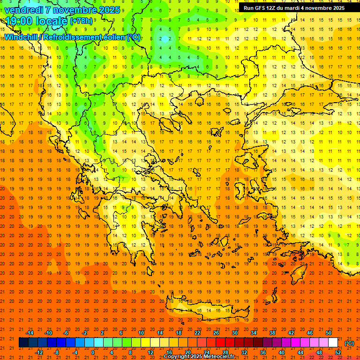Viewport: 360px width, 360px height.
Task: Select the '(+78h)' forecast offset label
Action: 81,21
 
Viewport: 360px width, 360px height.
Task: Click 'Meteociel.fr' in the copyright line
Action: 218,357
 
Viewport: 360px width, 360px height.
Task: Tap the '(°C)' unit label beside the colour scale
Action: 349,343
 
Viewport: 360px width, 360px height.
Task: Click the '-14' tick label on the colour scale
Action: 30,333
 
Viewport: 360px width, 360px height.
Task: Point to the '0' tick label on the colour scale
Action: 92,352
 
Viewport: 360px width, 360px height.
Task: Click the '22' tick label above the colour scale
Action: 197,333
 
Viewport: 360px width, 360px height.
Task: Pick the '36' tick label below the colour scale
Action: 263,352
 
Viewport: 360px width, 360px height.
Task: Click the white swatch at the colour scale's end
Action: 333,343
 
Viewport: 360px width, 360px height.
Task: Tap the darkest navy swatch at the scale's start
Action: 23,343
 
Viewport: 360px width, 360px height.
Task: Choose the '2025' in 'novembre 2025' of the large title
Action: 108,9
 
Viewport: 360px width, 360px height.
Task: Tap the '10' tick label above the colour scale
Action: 141,333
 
